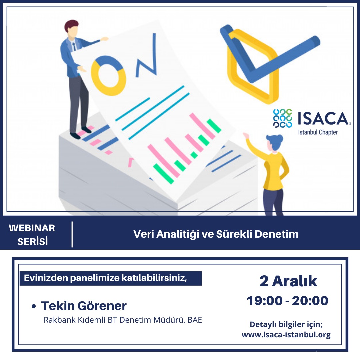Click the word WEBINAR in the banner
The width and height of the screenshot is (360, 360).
coord(32,228)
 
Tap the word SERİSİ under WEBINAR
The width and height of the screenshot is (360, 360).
coord(33,241)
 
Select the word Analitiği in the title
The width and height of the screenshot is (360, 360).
coord(177,234)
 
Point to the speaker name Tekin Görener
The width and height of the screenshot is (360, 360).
coord(84,306)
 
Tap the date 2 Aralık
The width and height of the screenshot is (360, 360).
coord(288,281)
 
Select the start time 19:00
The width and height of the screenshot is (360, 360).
coord(264,301)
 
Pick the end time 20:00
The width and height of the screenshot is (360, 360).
coord(310,301)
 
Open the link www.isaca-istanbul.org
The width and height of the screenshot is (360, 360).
coord(286,335)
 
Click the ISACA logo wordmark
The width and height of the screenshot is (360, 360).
coord(324,118)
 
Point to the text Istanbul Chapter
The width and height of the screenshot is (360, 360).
coord(318,132)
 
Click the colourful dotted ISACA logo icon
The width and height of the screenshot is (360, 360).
coord(283,118)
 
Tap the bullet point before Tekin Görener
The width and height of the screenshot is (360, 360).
coord(34,306)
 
